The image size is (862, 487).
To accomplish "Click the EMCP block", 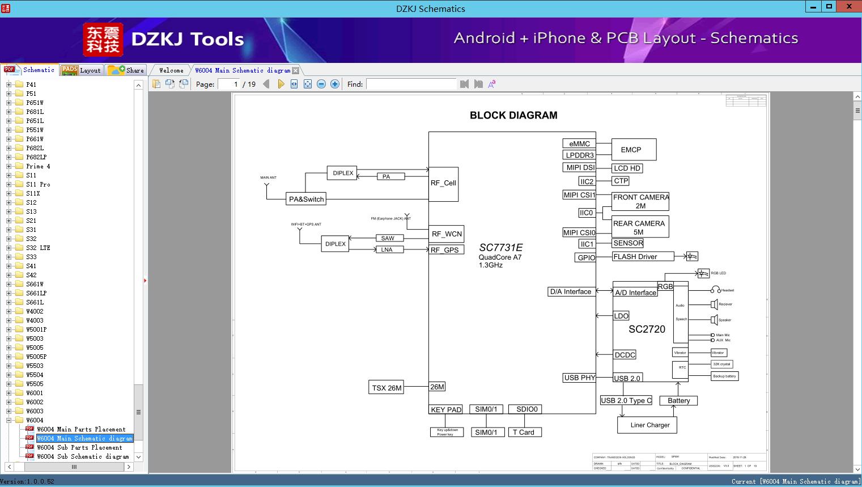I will tap(634, 150).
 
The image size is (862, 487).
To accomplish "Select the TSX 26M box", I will tap(387, 388).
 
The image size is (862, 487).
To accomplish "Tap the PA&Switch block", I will tap(306, 199).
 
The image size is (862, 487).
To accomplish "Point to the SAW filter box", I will tap(388, 238).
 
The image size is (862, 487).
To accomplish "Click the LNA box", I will tap(387, 249).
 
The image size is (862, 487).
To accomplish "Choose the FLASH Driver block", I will tap(643, 256).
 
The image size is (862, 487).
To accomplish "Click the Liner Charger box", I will tap(647, 425).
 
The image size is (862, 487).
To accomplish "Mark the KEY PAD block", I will tap(446, 409).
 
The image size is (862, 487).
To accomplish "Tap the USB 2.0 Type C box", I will tap(626, 400).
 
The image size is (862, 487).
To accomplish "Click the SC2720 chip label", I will tap(647, 329).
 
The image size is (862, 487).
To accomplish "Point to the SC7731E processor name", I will tap(500, 248).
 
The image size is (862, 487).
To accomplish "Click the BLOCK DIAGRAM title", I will tap(513, 115).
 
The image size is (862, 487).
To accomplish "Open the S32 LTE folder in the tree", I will tap(38, 248).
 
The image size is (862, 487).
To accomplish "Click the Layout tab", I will tap(90, 70).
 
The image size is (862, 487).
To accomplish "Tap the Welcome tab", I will tap(171, 70).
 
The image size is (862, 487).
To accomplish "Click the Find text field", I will tap(411, 84).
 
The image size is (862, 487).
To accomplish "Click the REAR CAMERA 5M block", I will tap(640, 227).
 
